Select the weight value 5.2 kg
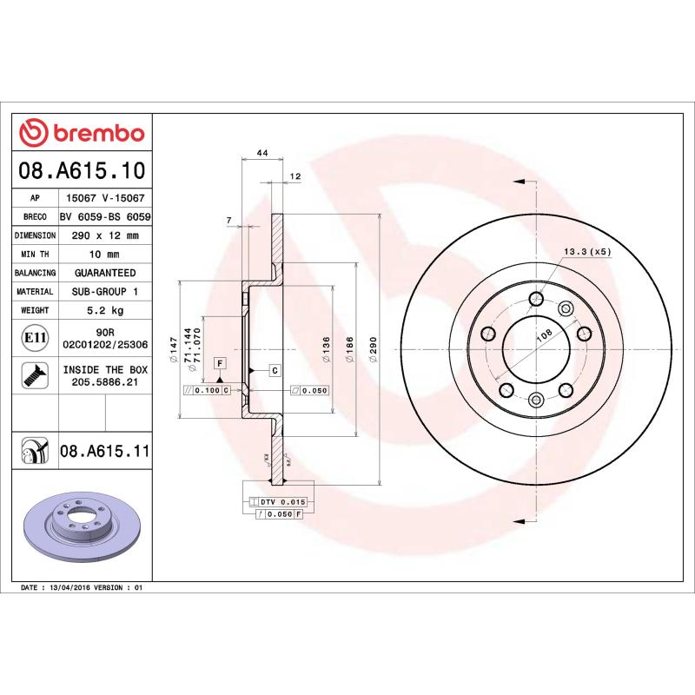click(105, 310)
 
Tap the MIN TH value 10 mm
click(105, 254)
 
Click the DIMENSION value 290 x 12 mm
click(105, 235)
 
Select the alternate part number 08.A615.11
click(105, 451)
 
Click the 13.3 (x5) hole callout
click(588, 252)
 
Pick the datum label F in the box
click(220, 362)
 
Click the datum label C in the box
click(275, 371)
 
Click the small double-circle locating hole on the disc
click(566, 308)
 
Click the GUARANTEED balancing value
click(105, 273)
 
